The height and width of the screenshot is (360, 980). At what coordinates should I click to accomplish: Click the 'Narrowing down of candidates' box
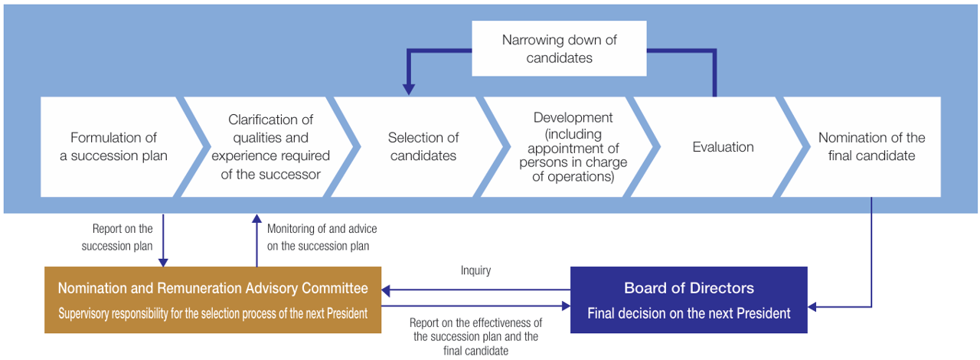pyautogui.click(x=559, y=48)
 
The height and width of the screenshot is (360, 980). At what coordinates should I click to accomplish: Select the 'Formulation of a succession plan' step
pyautogui.click(x=113, y=147)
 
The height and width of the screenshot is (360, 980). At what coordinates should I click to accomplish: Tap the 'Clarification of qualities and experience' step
pyautogui.click(x=269, y=147)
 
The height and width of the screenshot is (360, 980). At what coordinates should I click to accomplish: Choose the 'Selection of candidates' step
pyautogui.click(x=423, y=147)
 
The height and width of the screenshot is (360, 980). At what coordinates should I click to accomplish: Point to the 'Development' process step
pyautogui.click(x=573, y=147)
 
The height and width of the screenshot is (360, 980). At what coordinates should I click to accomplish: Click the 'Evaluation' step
pyautogui.click(x=723, y=147)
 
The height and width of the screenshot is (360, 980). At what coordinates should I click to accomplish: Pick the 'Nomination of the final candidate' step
pyautogui.click(x=871, y=147)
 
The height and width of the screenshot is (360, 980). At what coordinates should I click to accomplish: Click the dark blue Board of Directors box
pyautogui.click(x=688, y=299)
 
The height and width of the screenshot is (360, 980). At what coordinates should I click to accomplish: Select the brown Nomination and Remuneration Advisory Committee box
pyautogui.click(x=212, y=299)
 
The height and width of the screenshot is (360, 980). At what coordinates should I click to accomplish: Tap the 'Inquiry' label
pyautogui.click(x=475, y=270)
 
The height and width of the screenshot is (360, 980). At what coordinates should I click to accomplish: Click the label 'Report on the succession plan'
pyautogui.click(x=122, y=237)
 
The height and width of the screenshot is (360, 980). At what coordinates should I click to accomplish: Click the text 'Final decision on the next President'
pyautogui.click(x=688, y=313)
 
